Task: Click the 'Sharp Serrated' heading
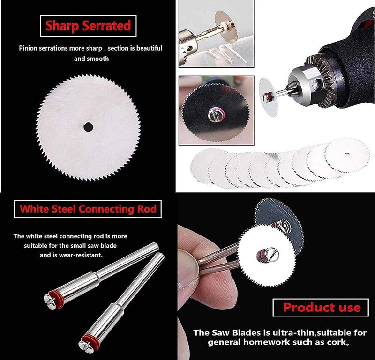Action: (88, 25)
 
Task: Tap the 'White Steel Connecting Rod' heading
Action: (88, 209)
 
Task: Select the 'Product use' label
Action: (322, 308)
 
